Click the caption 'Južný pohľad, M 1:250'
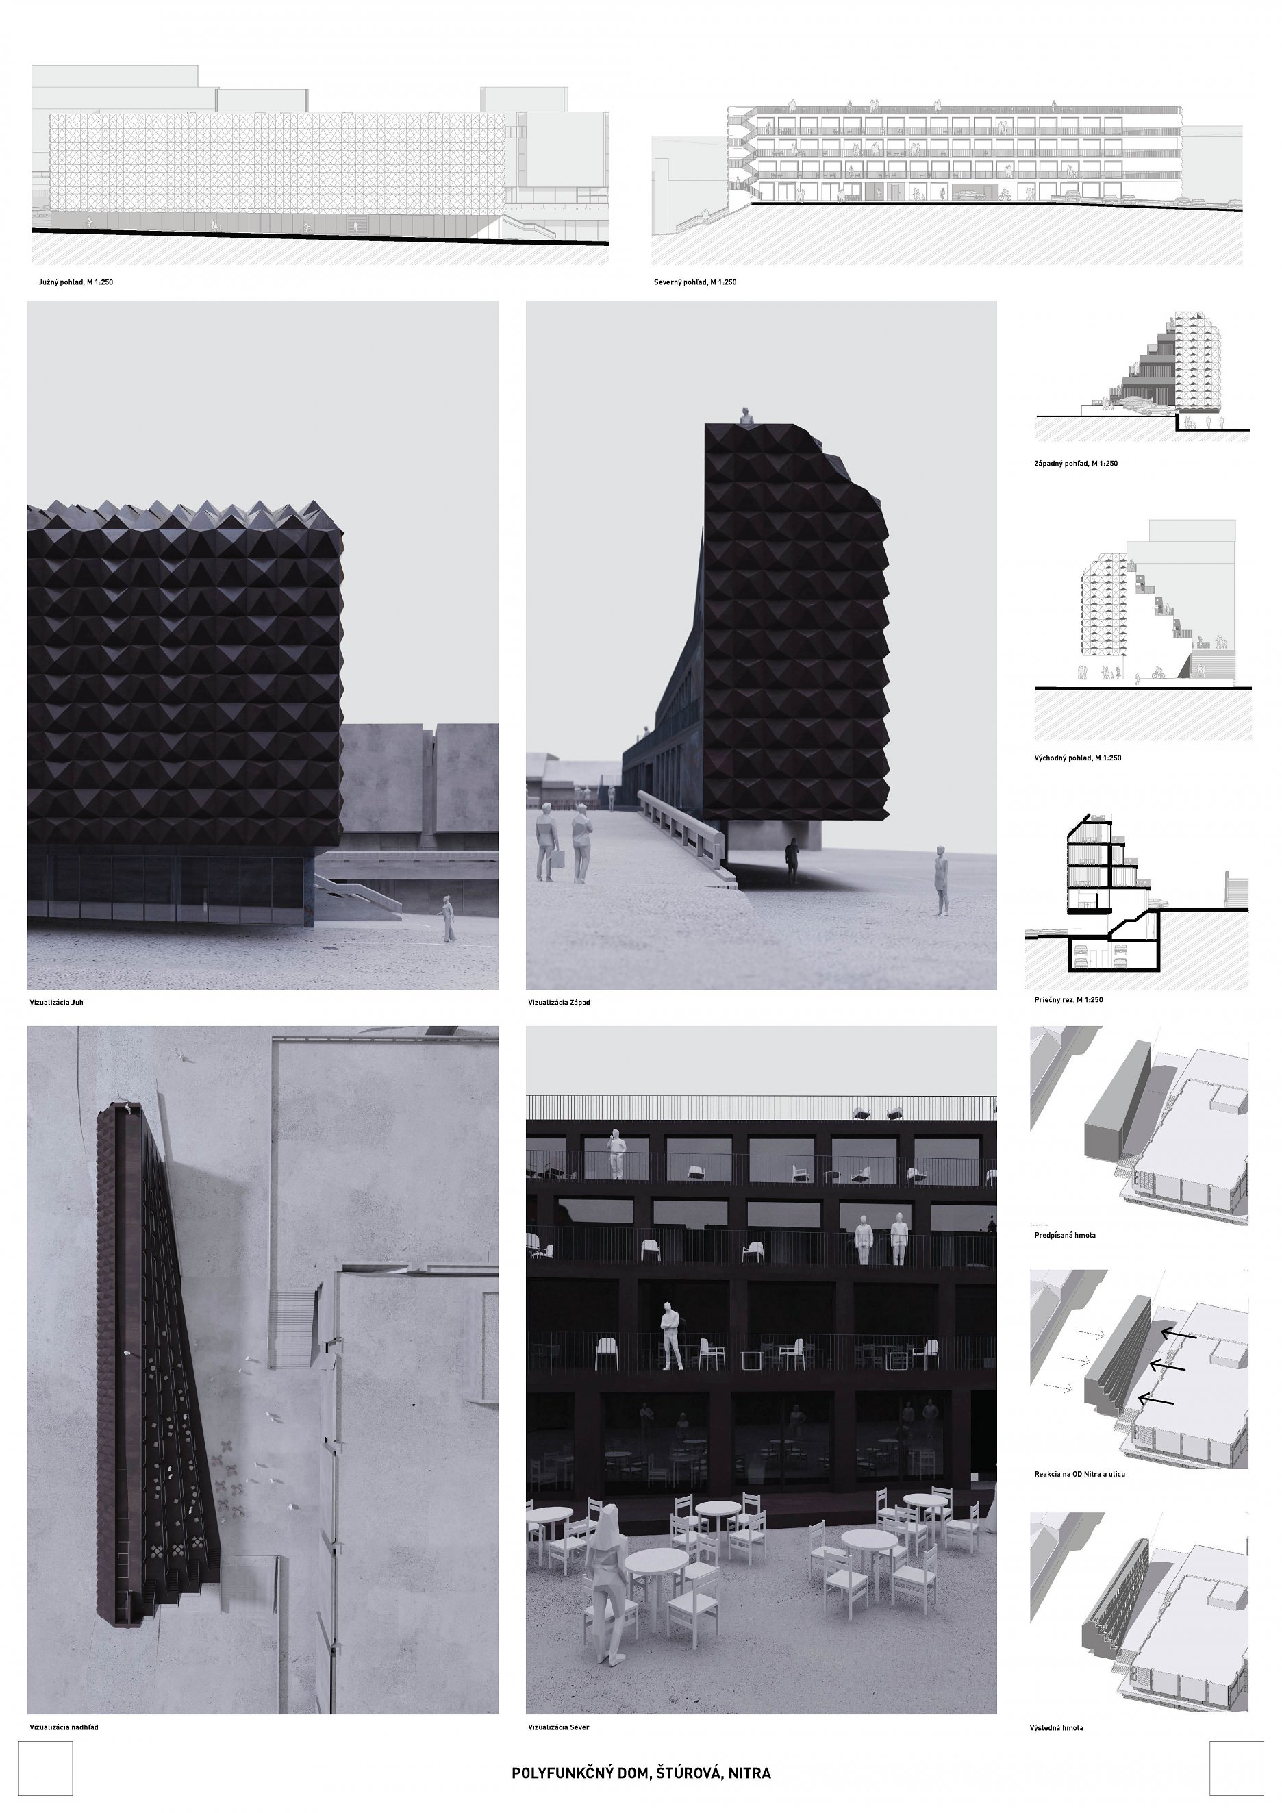76,282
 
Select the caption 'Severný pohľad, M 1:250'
694,282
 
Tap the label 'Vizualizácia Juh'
55,1002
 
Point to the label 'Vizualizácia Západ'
559,1002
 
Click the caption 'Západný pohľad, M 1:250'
1076,464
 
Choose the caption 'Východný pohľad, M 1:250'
1077,758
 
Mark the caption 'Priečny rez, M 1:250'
1069,1000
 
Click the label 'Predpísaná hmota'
1065,1235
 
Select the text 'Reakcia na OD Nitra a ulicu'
1080,1474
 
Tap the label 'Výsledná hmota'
1056,1727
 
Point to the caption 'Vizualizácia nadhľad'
64,1727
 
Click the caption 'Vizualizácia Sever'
559,1727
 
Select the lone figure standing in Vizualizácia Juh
449,918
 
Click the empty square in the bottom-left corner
45,1768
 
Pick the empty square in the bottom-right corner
1237,1768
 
